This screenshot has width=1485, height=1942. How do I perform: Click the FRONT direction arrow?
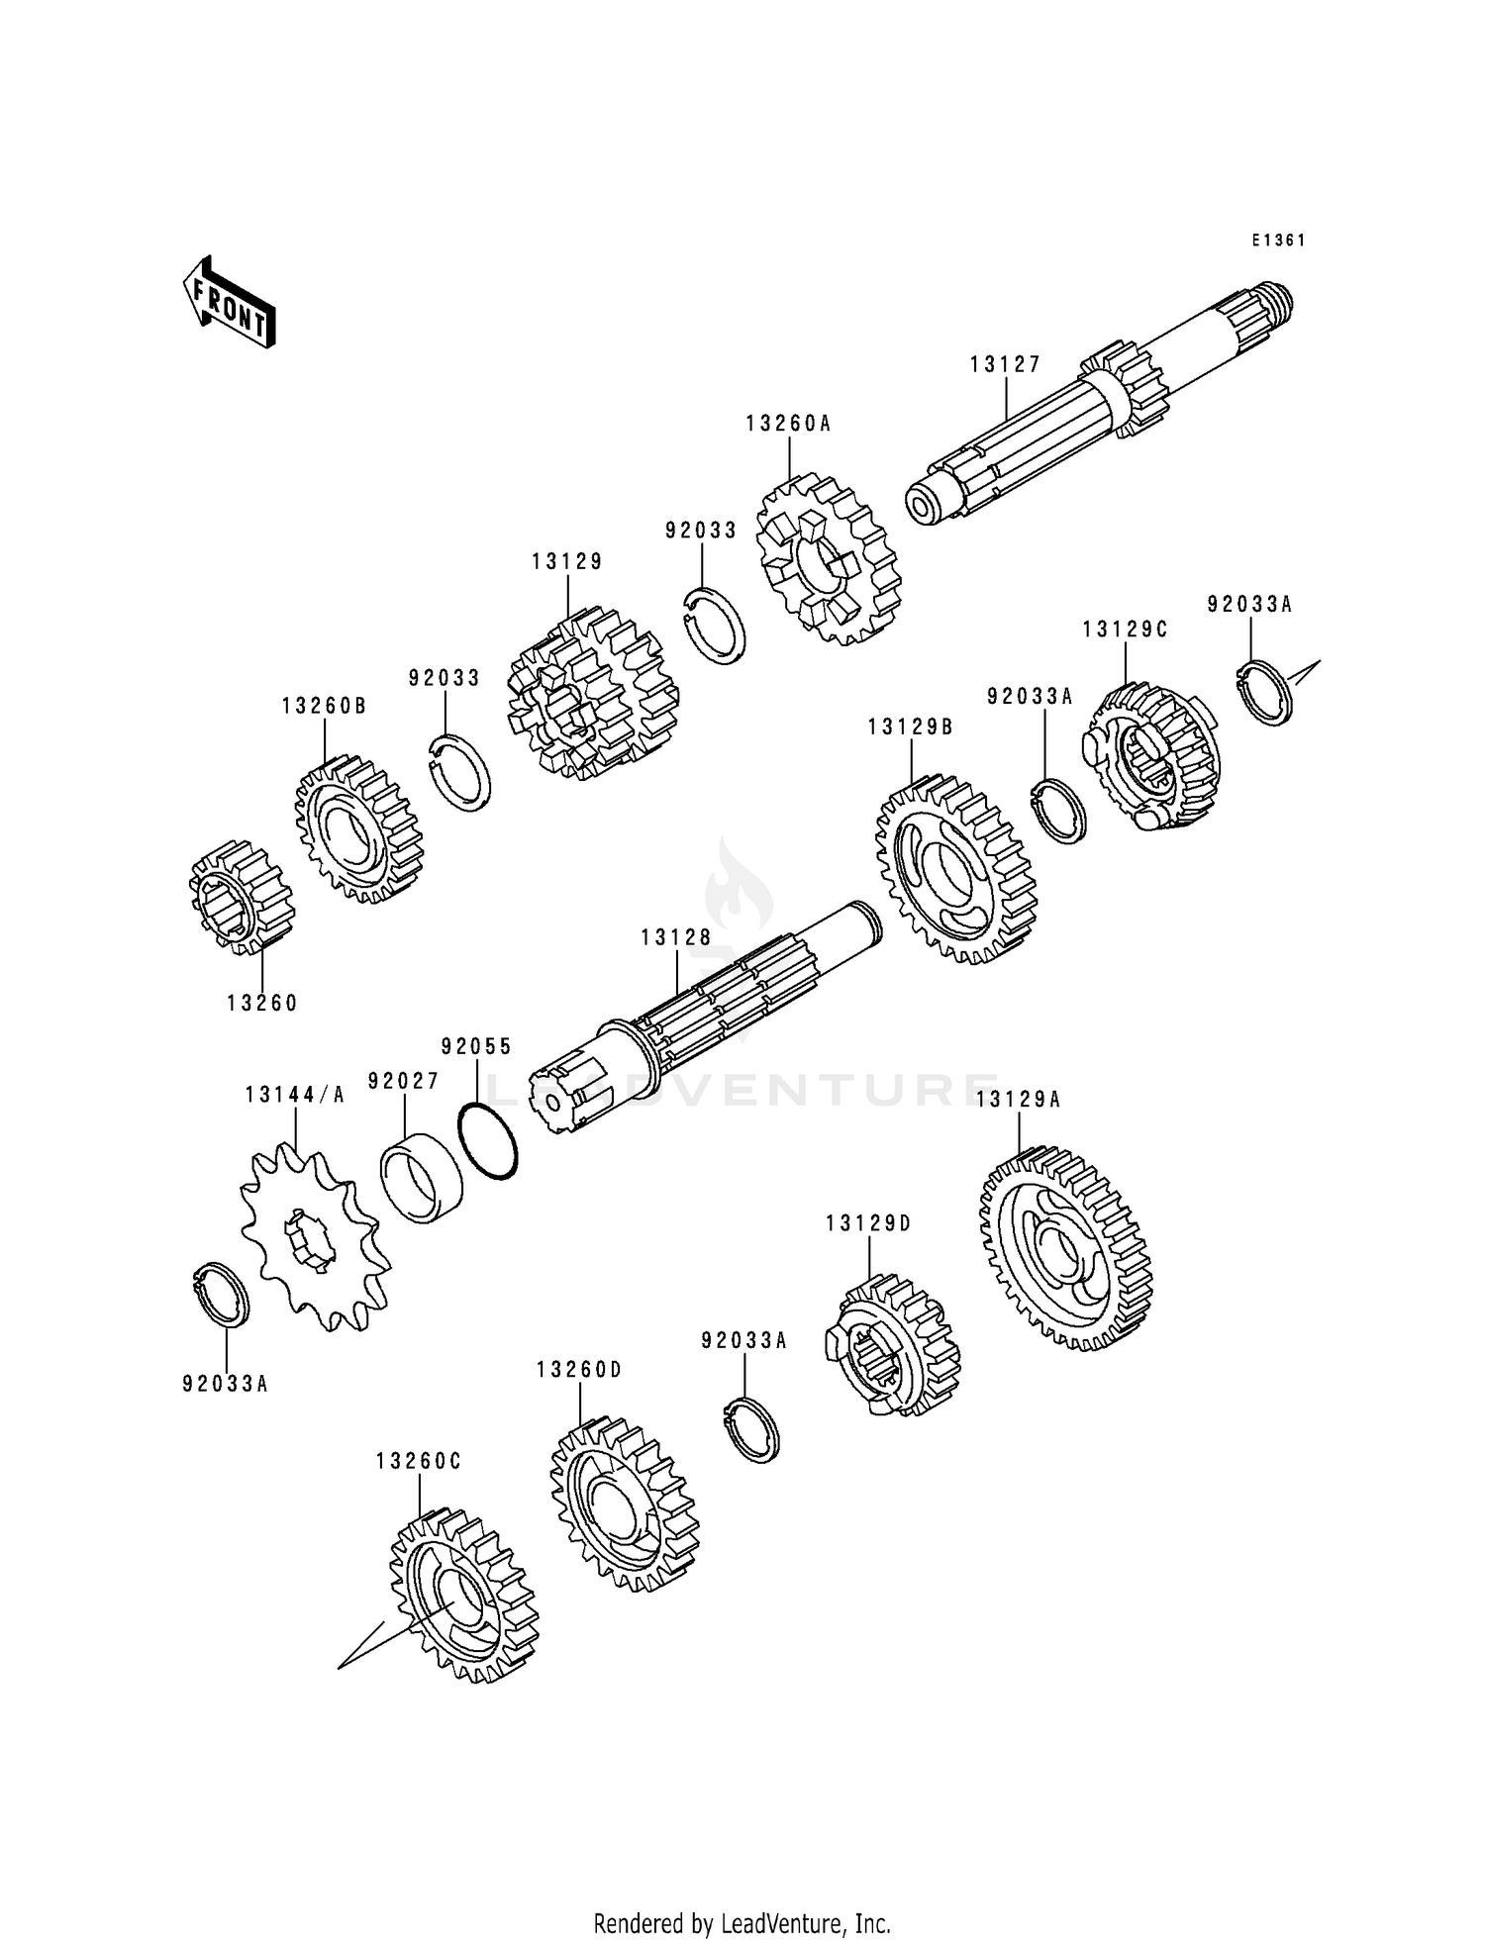tap(229, 302)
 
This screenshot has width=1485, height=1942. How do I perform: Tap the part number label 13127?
tap(1005, 364)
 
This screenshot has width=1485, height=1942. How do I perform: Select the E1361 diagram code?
tap(1278, 241)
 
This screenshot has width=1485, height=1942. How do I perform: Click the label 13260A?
tap(788, 424)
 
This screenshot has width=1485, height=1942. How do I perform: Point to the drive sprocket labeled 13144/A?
tap(314, 1236)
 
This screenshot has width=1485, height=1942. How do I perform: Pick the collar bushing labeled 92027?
tap(423, 1177)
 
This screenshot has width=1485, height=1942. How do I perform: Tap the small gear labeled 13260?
tap(242, 897)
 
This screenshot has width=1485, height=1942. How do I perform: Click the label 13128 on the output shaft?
tap(676, 937)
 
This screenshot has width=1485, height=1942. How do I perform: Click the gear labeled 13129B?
tap(955, 869)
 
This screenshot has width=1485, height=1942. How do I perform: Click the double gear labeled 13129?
tap(591, 693)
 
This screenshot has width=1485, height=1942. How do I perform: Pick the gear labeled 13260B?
tap(358, 827)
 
